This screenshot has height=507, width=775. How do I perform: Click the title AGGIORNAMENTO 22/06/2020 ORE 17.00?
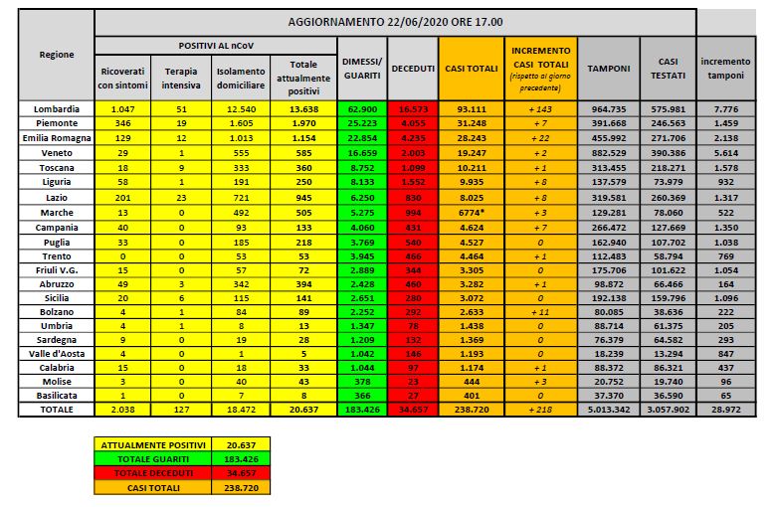pyautogui.click(x=396, y=21)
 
